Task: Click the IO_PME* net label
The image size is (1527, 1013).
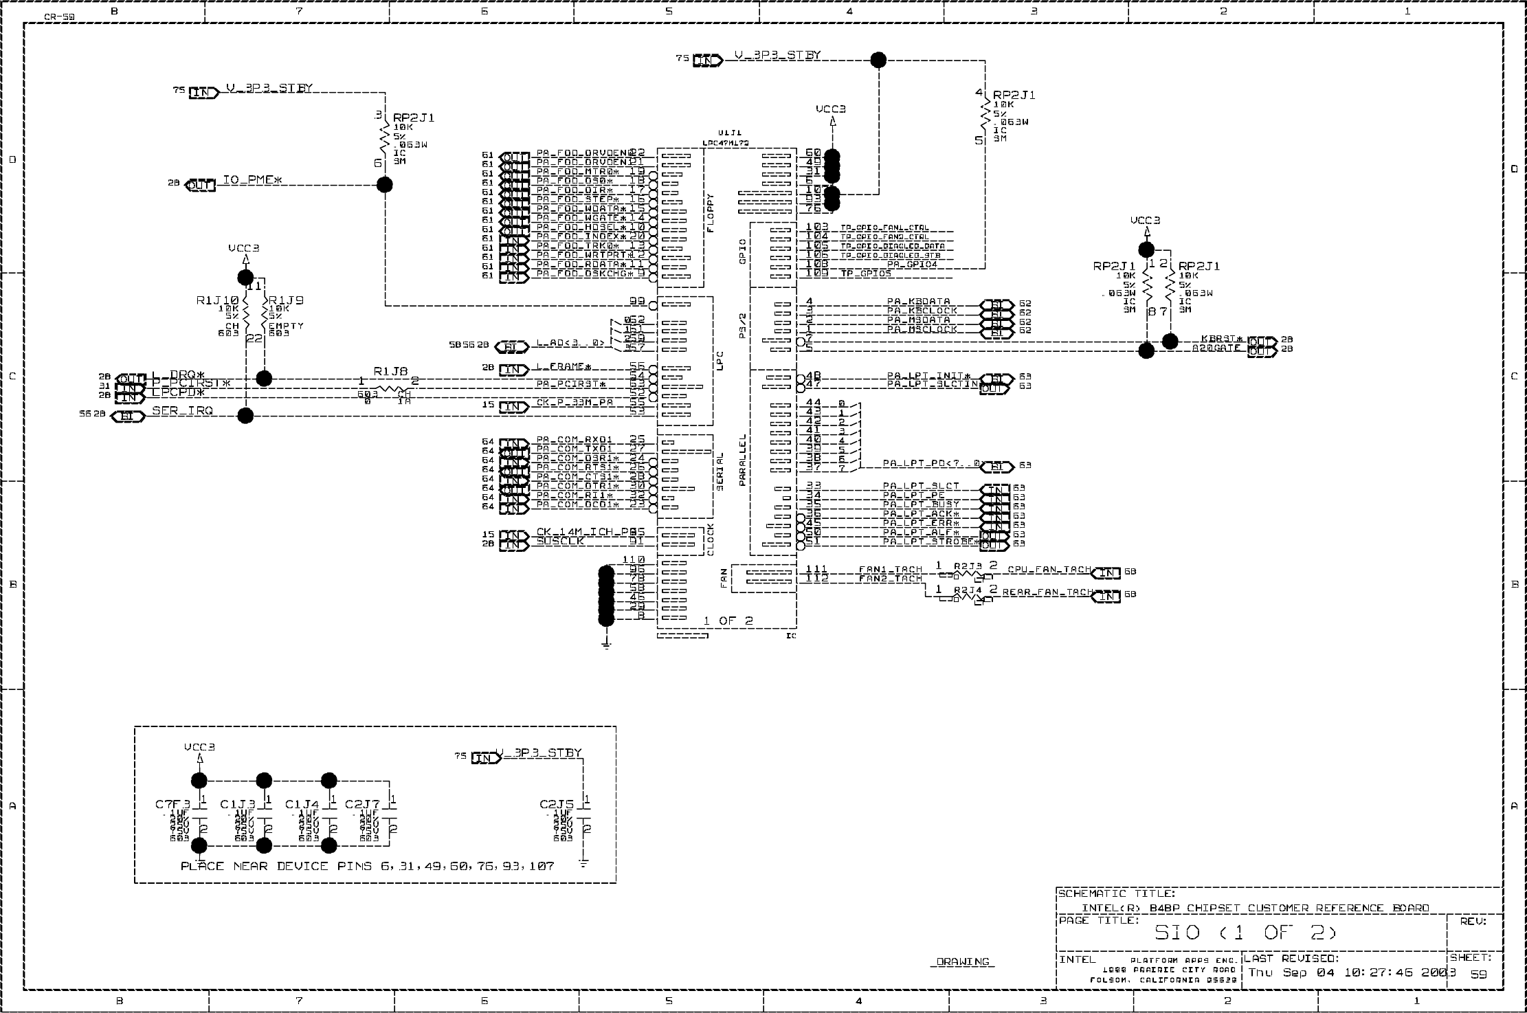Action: [x=252, y=181]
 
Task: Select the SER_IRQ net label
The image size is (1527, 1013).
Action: [x=182, y=411]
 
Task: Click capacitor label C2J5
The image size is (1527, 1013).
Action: [x=557, y=804]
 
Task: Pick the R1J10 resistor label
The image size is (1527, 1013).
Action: [x=217, y=300]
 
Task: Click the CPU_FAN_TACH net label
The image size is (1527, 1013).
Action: [x=1049, y=570]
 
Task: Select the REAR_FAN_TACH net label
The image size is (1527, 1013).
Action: [x=1047, y=592]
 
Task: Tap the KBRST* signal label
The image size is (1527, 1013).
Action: [x=1223, y=339]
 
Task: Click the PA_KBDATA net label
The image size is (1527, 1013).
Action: [x=918, y=302]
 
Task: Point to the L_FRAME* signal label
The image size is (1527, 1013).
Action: [x=564, y=367]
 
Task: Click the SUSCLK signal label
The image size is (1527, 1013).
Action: [x=559, y=542]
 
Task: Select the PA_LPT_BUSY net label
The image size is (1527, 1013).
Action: [x=921, y=504]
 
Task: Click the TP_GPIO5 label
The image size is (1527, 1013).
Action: [x=865, y=274]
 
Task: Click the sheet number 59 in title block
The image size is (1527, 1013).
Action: [x=1478, y=975]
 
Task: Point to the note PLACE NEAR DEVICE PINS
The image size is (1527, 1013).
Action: [x=367, y=866]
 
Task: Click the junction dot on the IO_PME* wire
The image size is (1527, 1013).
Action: [x=385, y=185]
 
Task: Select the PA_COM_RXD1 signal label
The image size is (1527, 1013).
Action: [x=574, y=440]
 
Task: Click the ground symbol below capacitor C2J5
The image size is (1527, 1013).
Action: [x=583, y=863]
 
